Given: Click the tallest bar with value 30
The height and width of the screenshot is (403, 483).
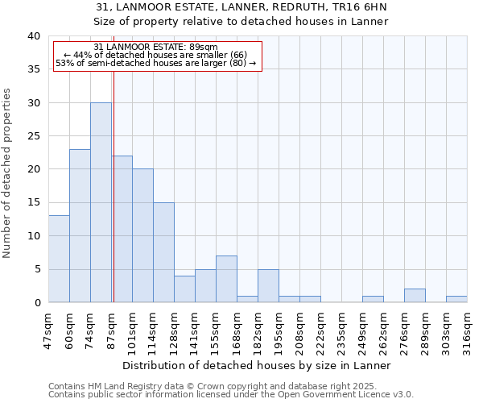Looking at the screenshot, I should click(101, 202).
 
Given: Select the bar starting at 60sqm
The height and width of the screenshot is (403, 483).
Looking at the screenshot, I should click(80, 226).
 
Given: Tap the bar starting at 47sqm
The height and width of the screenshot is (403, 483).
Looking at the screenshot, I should click(59, 259).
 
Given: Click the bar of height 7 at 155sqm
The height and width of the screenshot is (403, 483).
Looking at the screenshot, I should click(226, 279).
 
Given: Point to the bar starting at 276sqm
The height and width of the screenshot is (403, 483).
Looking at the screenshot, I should click(415, 296).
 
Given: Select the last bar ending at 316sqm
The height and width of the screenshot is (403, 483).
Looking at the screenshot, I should click(456, 299).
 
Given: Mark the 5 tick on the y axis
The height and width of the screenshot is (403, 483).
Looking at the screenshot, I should click(37, 269).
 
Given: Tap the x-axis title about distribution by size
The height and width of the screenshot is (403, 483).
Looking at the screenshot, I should click(258, 365).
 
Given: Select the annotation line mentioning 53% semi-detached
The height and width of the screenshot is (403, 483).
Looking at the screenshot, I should click(155, 63).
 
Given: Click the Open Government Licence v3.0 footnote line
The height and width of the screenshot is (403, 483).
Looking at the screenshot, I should click(231, 395).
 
